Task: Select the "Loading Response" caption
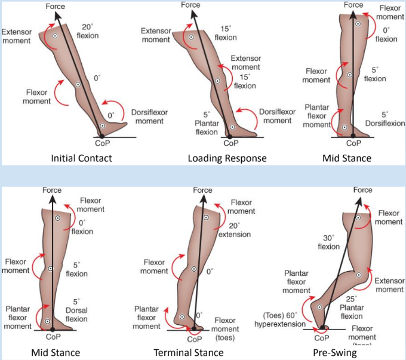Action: [x=227, y=158]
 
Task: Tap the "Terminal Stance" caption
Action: [x=189, y=353]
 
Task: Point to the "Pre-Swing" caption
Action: [x=335, y=353]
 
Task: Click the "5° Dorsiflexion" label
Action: [x=385, y=119]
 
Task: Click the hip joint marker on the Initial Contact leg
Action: [x=54, y=36]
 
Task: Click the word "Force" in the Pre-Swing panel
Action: [x=363, y=190]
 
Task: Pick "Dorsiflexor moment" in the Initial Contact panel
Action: [x=146, y=117]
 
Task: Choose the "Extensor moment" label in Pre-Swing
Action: [x=390, y=285]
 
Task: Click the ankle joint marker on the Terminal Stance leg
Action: [x=182, y=317]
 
